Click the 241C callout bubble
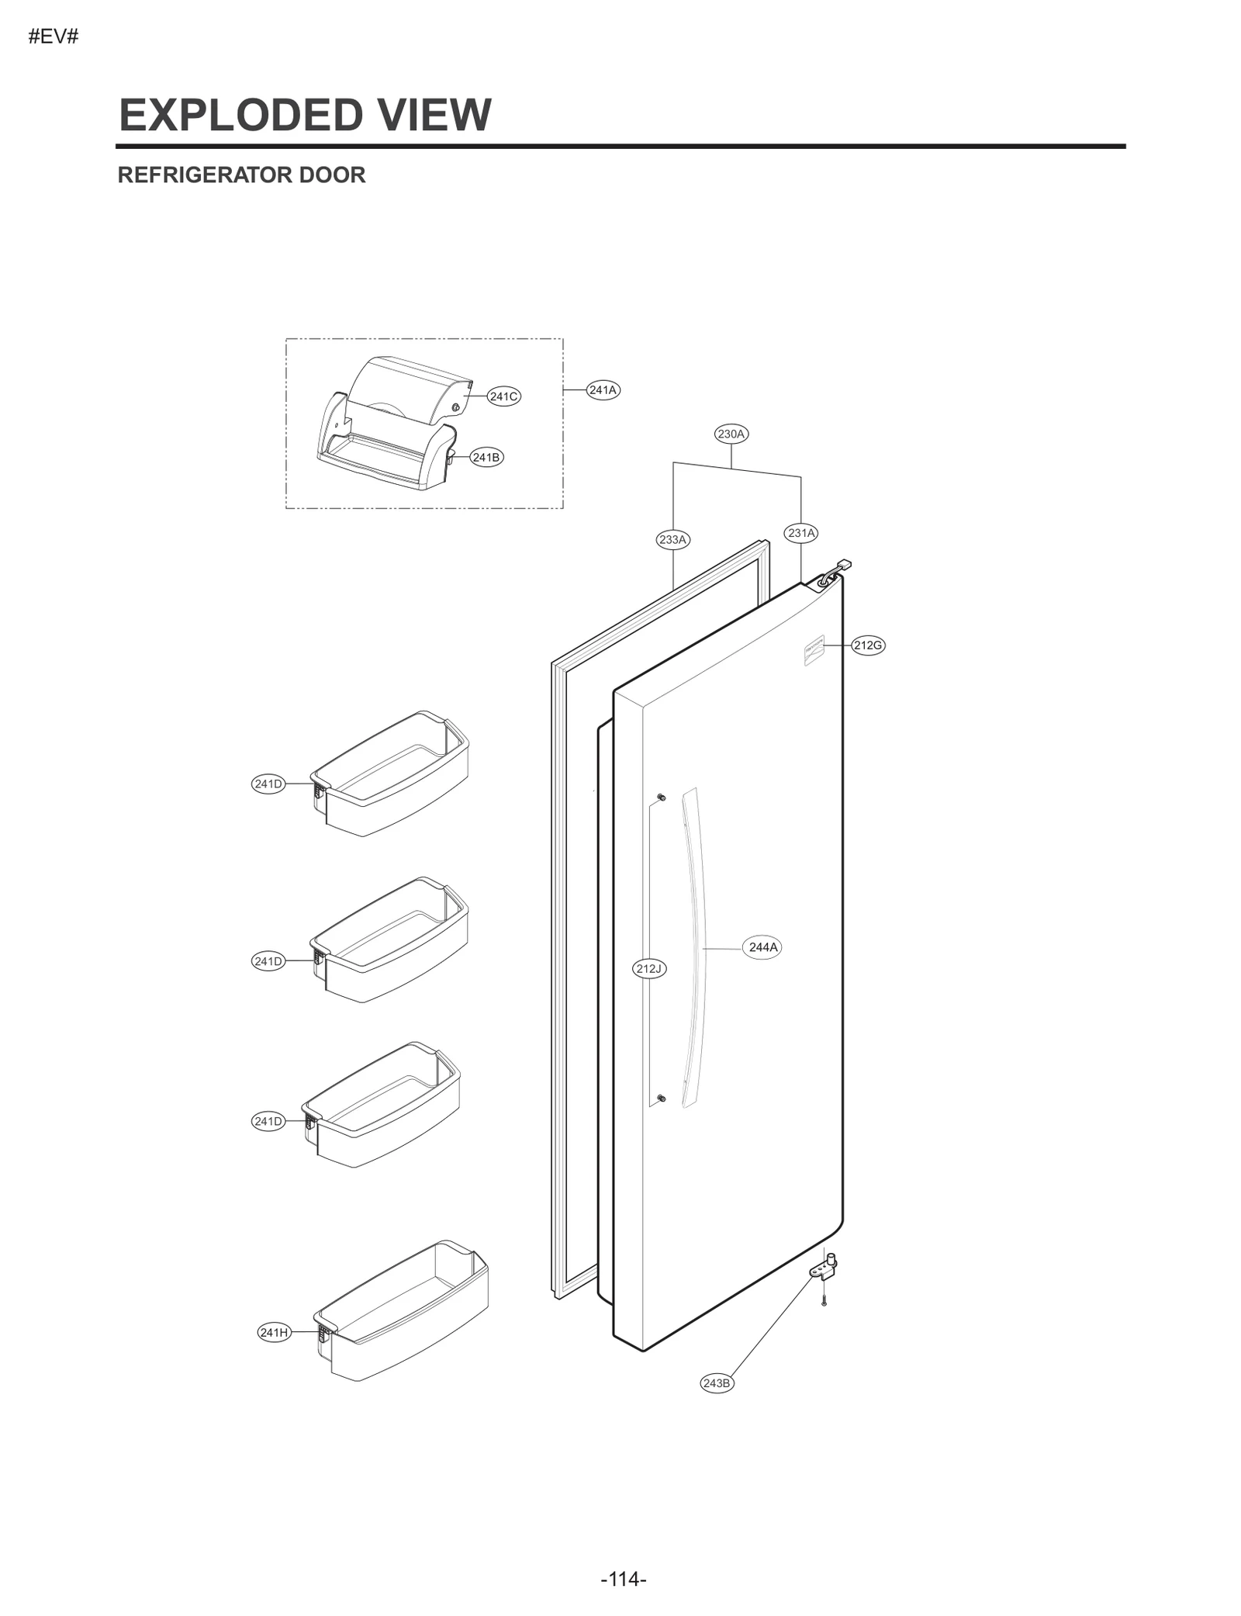pyautogui.click(x=503, y=396)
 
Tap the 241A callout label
pyautogui.click(x=603, y=390)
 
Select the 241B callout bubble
pyautogui.click(x=486, y=458)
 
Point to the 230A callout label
pyautogui.click(x=731, y=434)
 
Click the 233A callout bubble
pyautogui.click(x=672, y=540)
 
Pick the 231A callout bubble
pyautogui.click(x=801, y=533)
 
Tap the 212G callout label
pyautogui.click(x=868, y=645)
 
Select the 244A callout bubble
pyautogui.click(x=762, y=947)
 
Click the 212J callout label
pyautogui.click(x=649, y=968)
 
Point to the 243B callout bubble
pyautogui.click(x=716, y=1383)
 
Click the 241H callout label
pyautogui.click(x=275, y=1333)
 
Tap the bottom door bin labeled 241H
pyautogui.click(x=403, y=1311)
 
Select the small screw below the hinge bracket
pyautogui.click(x=824, y=1301)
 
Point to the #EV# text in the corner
pyautogui.click(x=54, y=36)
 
